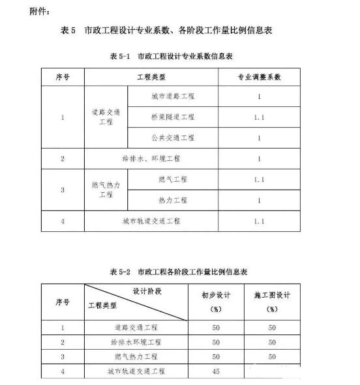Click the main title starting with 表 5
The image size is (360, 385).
179,31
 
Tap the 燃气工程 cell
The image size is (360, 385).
172,178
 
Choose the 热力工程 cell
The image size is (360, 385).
172,199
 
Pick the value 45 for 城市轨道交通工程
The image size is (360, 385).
216,371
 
